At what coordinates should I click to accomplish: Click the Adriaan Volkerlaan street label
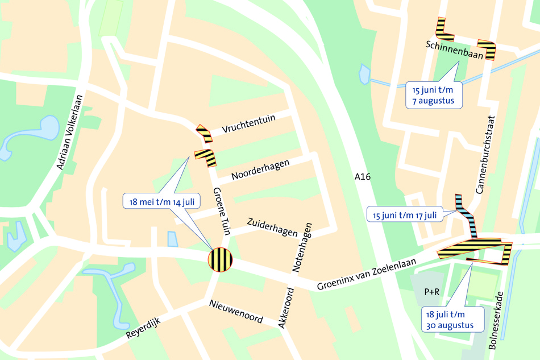(x=70, y=132)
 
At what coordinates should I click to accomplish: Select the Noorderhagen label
(x=260, y=170)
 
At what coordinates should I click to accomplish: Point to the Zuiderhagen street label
(x=272, y=226)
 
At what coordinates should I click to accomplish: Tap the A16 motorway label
(x=362, y=177)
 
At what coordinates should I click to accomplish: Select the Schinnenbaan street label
(x=454, y=50)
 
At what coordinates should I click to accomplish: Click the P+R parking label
(x=432, y=292)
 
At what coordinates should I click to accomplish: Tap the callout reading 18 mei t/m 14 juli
(x=161, y=201)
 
